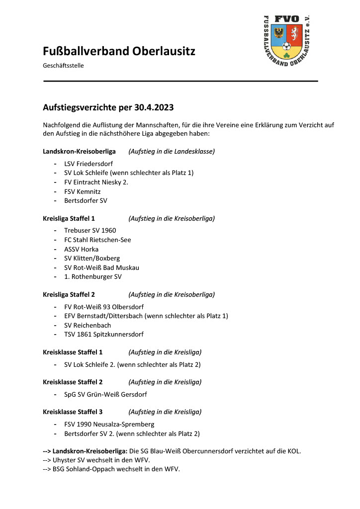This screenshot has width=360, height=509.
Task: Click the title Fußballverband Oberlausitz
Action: [119, 51]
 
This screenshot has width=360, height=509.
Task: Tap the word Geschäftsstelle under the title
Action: [63, 66]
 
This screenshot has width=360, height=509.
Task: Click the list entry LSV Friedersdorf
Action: [89, 164]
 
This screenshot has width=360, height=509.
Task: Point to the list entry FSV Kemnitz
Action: [83, 191]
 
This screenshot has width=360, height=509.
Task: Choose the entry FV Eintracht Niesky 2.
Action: [96, 182]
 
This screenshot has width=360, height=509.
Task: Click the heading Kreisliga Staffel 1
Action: [69, 218]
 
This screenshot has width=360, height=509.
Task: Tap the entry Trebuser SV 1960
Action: [90, 231]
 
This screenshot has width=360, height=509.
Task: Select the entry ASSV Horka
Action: [82, 249]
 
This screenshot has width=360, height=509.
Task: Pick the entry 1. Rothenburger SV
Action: [93, 276]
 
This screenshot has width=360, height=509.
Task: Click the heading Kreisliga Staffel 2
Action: [69, 294]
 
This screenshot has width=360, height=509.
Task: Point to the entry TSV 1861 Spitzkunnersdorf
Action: [104, 335]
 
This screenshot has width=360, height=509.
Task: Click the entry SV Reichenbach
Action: [88, 325]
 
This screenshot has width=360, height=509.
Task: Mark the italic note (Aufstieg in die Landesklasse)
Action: [172, 151]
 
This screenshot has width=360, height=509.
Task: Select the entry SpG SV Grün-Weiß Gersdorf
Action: [105, 395]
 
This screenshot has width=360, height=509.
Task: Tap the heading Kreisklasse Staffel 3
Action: [73, 412]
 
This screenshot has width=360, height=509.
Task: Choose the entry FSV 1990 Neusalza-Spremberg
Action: [109, 424]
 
